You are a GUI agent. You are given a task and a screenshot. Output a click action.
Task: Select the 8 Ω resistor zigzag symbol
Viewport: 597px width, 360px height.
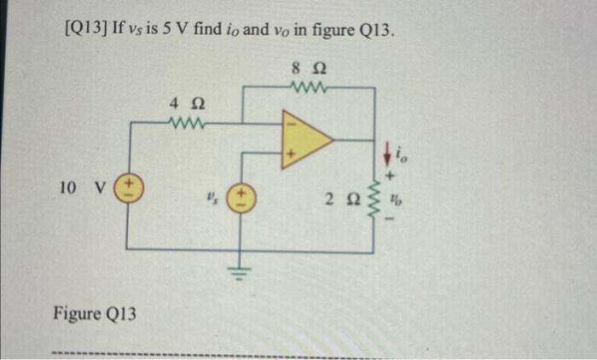(304, 85)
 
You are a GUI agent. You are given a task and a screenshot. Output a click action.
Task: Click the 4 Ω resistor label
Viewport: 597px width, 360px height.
(182, 104)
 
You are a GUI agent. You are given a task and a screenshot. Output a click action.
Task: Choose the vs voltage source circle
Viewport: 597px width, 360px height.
(241, 200)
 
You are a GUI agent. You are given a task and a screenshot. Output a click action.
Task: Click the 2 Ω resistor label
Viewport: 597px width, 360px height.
(336, 201)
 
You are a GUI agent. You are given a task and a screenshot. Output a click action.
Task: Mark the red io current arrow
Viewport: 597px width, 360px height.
(388, 154)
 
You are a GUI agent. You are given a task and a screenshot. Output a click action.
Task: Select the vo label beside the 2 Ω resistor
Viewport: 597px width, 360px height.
(395, 202)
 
